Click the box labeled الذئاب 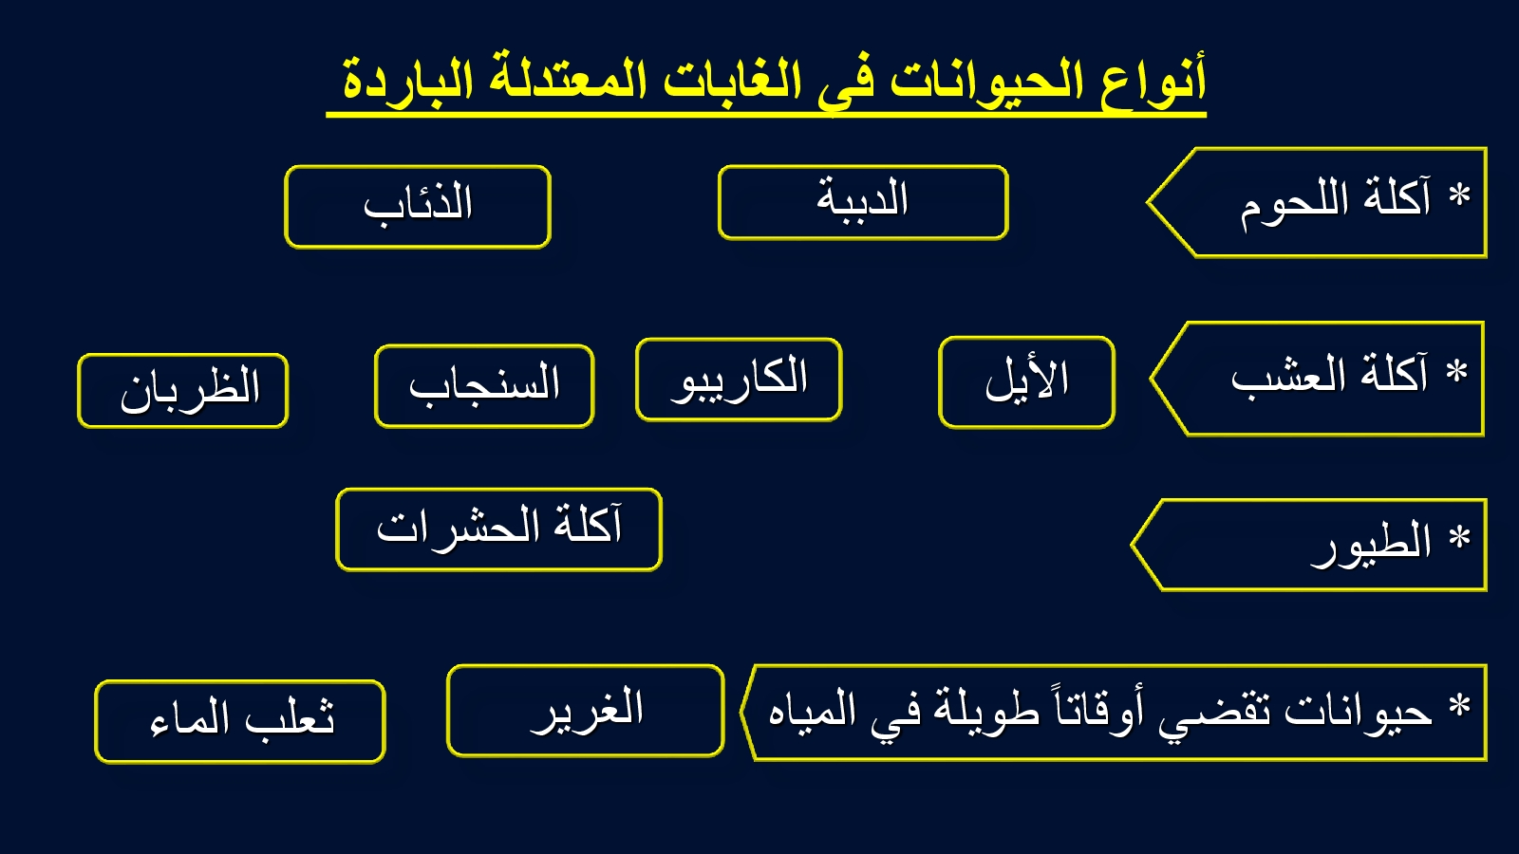click(x=418, y=207)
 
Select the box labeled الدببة click(x=863, y=202)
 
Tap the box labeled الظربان click(x=183, y=390)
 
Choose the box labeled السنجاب click(x=484, y=385)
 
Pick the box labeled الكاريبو click(x=739, y=379)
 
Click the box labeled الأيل click(x=1026, y=381)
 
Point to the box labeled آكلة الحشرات click(x=499, y=529)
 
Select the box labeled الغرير click(x=586, y=711)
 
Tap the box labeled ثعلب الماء click(x=240, y=721)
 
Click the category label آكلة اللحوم click(x=1335, y=202)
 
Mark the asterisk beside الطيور click(x=1459, y=537)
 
